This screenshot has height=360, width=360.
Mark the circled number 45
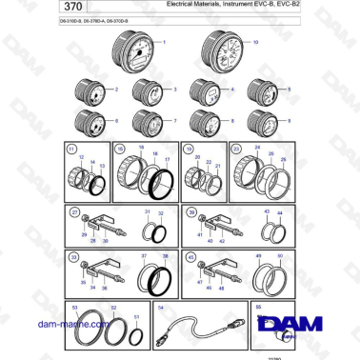190,257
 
